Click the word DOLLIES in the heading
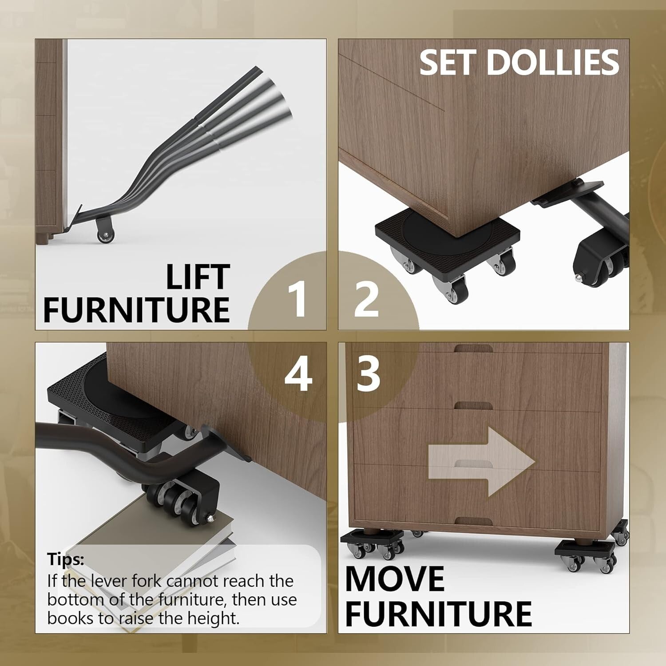point(553,62)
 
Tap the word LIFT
point(198,277)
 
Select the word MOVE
point(395,578)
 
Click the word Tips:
point(66,559)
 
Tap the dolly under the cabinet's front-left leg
point(373,544)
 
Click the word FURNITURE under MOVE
point(438,614)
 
